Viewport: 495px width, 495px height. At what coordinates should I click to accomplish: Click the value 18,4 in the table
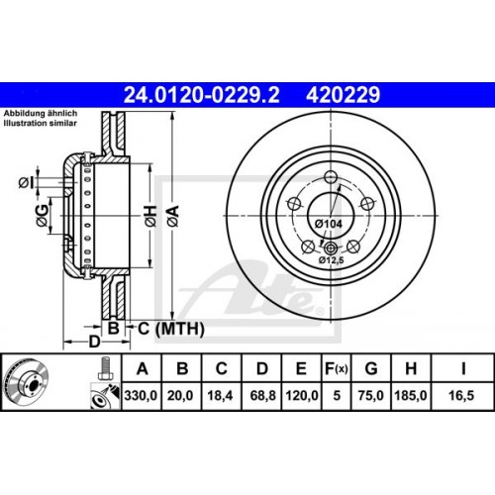click(x=221, y=396)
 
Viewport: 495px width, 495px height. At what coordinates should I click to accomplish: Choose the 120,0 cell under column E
click(x=299, y=396)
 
